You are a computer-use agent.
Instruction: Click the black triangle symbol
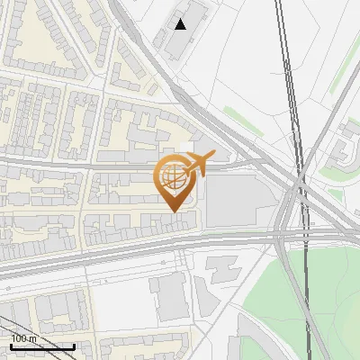pyautogui.click(x=181, y=24)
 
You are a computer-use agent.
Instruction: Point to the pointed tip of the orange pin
pyautogui.click(x=172, y=211)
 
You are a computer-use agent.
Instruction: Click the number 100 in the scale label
pyautogui.click(x=19, y=338)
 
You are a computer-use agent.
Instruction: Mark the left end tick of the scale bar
pyautogui.click(x=11, y=346)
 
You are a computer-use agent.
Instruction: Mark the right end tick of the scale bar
pyautogui.click(x=74, y=346)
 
